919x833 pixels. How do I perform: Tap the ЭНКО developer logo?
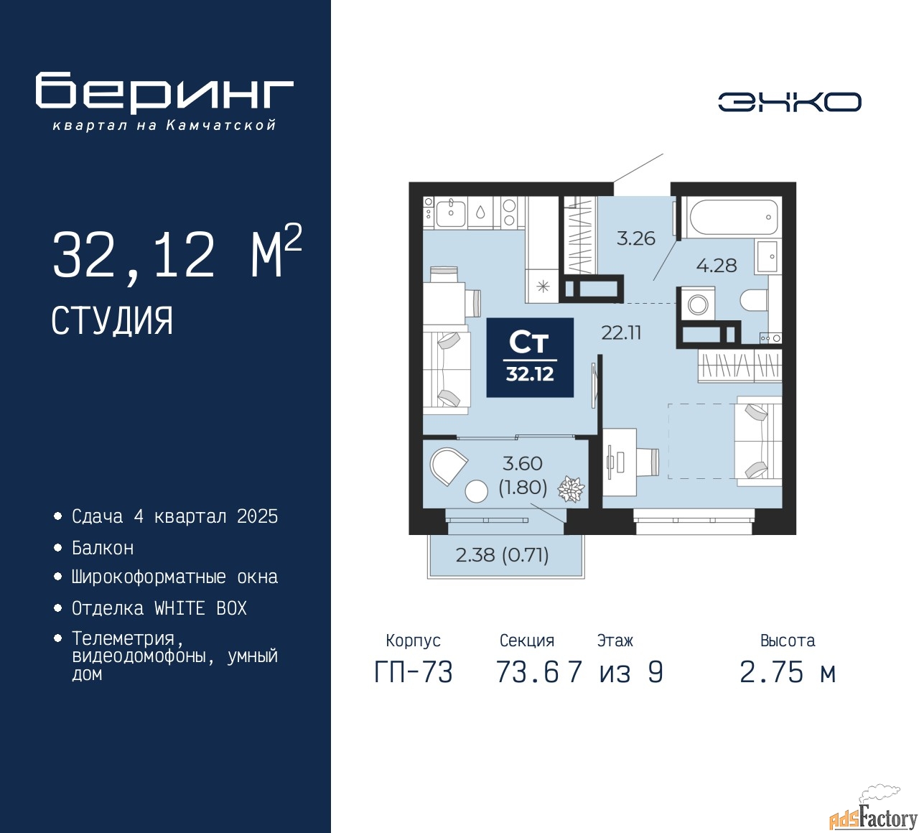(x=790, y=102)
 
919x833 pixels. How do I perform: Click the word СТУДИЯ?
(x=113, y=320)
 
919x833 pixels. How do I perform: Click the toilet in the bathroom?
(x=754, y=301)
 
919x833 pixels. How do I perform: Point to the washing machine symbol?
(x=697, y=304)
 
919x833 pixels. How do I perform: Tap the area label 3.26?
(x=635, y=238)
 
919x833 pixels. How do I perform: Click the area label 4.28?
(x=717, y=265)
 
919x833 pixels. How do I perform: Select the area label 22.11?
(x=621, y=332)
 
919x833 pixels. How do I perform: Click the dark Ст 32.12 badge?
(x=530, y=358)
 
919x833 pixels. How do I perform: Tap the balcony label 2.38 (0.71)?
(x=502, y=555)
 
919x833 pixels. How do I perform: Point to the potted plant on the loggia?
(x=571, y=488)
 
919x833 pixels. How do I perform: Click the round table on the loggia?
(x=476, y=490)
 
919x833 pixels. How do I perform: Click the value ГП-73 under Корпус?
(x=414, y=673)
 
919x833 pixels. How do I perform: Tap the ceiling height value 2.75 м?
(x=788, y=673)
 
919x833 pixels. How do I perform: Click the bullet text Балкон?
(x=103, y=548)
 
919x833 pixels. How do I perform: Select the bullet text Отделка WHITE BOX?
(x=159, y=608)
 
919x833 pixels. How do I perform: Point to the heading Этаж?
(x=615, y=641)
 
